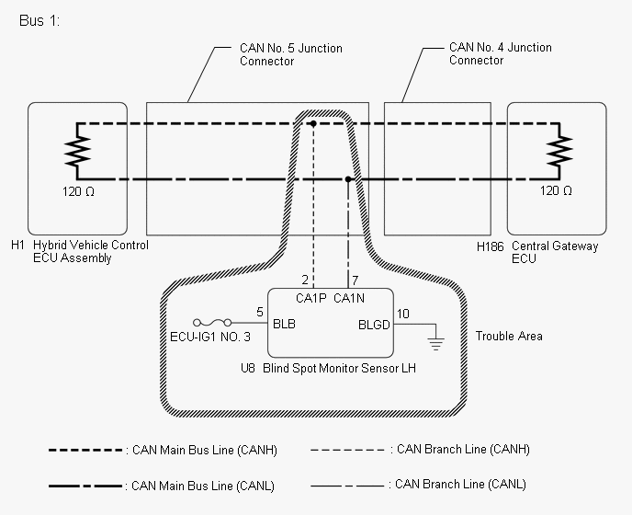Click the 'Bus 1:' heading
[39, 20]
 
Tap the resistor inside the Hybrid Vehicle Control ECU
[77, 151]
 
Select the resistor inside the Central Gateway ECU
[559, 151]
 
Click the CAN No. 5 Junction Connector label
[290, 54]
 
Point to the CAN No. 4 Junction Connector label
[501, 53]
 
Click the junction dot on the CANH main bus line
[313, 123]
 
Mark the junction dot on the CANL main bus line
[348, 179]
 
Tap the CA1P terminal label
[310, 298]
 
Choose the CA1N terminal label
[349, 298]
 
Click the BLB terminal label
[284, 324]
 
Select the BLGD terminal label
[374, 325]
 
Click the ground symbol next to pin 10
[435, 343]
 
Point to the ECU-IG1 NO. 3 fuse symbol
[212, 323]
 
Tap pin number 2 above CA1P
[305, 280]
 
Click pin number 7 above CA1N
[355, 280]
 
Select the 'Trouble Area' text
[509, 337]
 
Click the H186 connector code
[491, 246]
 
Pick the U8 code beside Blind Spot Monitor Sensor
[248, 368]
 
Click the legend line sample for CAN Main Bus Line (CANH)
[85, 450]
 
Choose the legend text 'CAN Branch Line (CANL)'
[460, 485]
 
